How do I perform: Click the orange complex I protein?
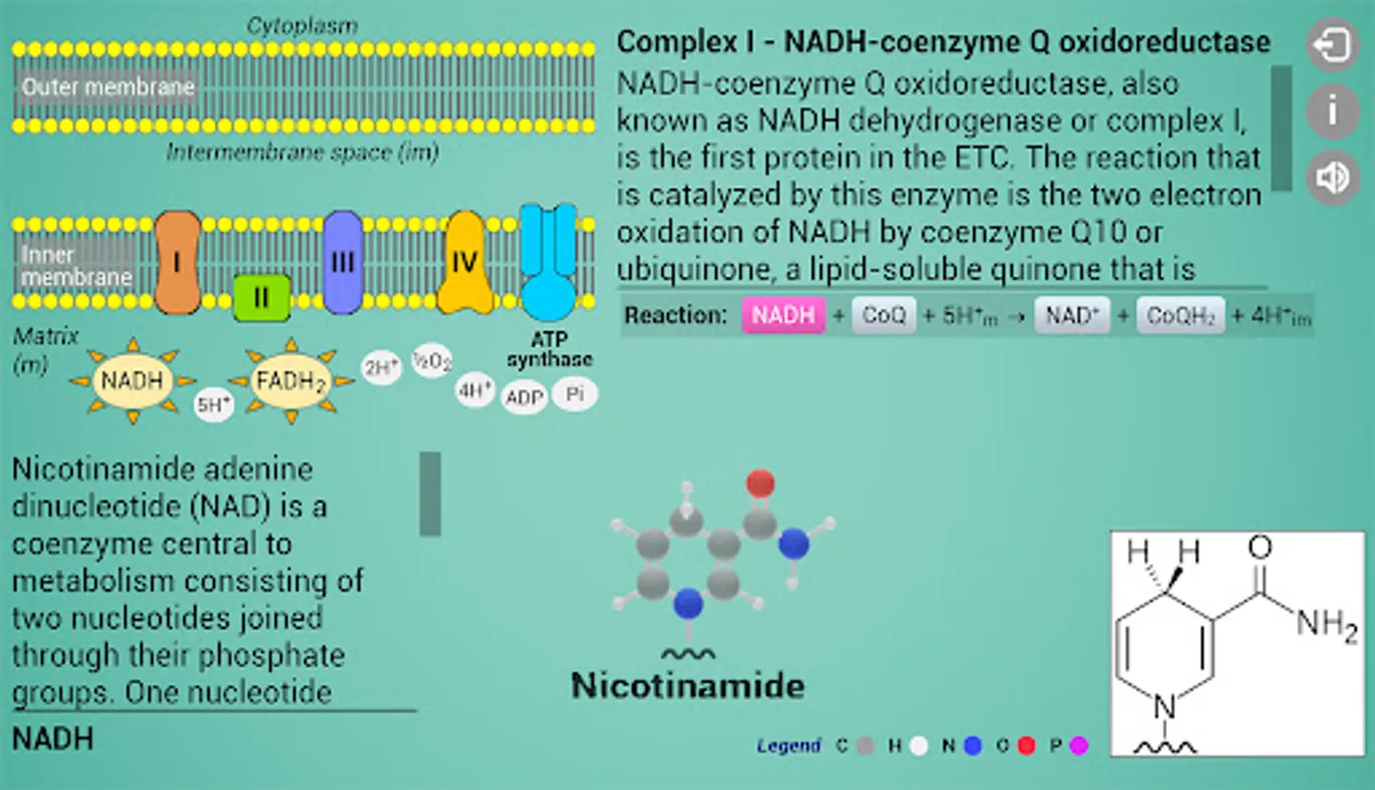[177, 262]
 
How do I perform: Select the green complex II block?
[261, 298]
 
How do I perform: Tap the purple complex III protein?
[342, 262]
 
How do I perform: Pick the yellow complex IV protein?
[464, 262]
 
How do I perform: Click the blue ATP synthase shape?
[548, 263]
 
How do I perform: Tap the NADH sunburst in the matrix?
[132, 381]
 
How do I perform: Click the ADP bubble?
[524, 398]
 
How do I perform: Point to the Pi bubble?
[575, 394]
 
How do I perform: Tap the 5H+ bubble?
[213, 405]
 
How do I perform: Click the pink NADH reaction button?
[783, 315]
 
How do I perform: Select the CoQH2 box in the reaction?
[1180, 315]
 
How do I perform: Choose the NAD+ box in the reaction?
[1071, 315]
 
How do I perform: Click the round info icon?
[1332, 111]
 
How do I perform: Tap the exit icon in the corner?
[1332, 44]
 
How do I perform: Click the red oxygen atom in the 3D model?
[760, 483]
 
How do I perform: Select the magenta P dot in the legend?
[1079, 745]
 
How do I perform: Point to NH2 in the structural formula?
[1326, 624]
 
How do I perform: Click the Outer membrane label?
[108, 87]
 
